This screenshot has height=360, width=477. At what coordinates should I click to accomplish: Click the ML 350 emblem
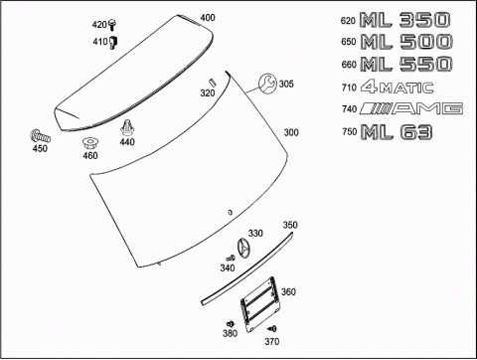(x=404, y=20)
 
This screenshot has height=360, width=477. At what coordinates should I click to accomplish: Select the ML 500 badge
(x=406, y=42)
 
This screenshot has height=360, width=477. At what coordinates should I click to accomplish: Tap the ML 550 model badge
(x=406, y=64)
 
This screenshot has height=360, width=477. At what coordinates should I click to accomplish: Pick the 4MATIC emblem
(x=397, y=88)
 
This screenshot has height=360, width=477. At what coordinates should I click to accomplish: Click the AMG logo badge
(x=411, y=108)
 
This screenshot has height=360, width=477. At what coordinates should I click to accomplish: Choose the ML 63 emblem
(x=397, y=131)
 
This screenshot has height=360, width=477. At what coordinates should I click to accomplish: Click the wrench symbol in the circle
(x=267, y=84)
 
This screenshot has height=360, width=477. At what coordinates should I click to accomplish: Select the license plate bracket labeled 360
(x=259, y=304)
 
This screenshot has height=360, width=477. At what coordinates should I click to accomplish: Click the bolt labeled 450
(x=40, y=136)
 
